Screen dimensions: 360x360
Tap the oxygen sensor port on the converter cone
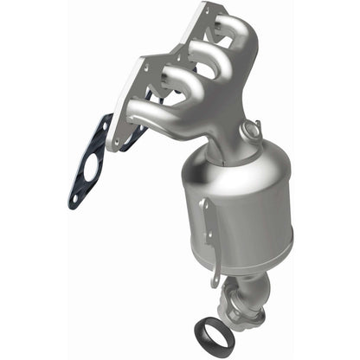(x=253, y=132)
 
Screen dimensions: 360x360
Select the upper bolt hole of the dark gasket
(x=101, y=127)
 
